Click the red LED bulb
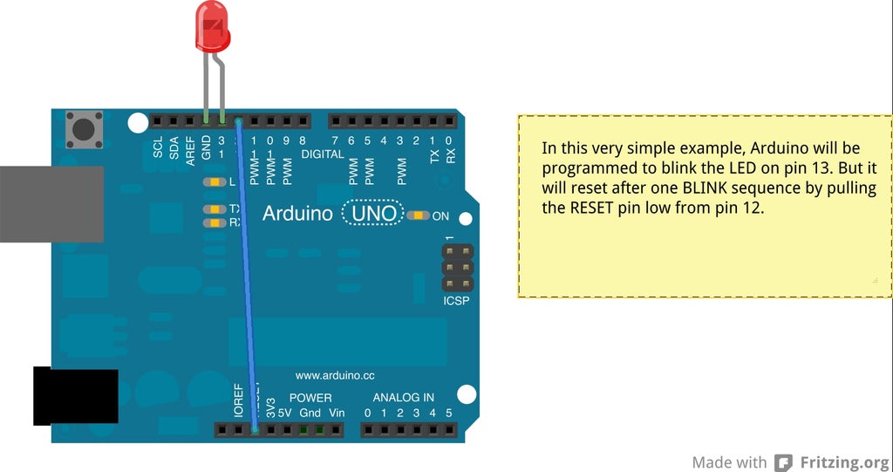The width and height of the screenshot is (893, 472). pos(212,25)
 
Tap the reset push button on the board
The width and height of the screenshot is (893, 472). pos(84,129)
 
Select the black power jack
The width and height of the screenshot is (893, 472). pos(75,396)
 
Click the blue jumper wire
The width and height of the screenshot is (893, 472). pos(246,279)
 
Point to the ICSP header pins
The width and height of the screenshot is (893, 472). pos(456,268)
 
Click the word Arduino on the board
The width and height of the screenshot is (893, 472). pos(297,214)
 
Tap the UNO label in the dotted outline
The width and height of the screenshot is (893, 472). pos(373,214)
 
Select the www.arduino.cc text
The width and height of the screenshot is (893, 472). pos(335,375)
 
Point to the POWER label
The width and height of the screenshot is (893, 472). pos(310,397)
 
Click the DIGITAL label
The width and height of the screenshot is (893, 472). pos(322,154)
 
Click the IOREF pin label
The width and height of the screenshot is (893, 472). pos(239,398)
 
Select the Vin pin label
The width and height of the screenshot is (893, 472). pos(336,413)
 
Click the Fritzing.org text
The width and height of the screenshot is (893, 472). pos(845,462)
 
